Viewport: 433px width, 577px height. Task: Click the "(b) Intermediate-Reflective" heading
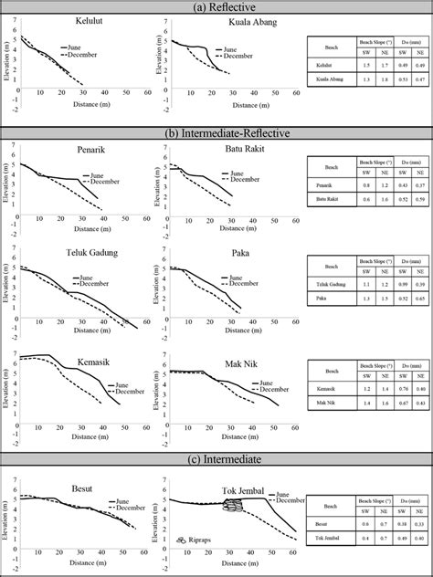pyautogui.click(x=216, y=133)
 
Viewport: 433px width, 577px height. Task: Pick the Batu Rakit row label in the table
pyautogui.click(x=327, y=199)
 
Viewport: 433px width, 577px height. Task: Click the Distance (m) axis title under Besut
pyautogui.click(x=75, y=568)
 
